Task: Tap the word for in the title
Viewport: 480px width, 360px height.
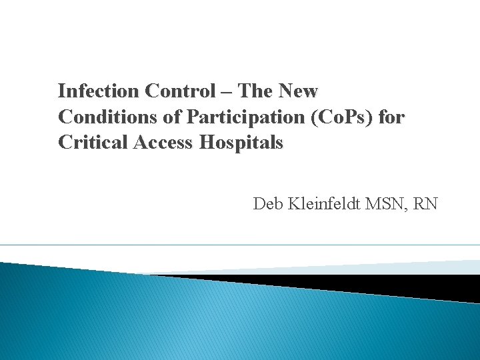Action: point(391,117)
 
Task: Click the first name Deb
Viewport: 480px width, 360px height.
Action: point(267,203)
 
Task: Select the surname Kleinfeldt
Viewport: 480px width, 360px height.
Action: point(323,203)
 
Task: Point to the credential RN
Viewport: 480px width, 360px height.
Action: point(425,203)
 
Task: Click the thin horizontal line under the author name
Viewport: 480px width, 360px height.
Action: point(240,245)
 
